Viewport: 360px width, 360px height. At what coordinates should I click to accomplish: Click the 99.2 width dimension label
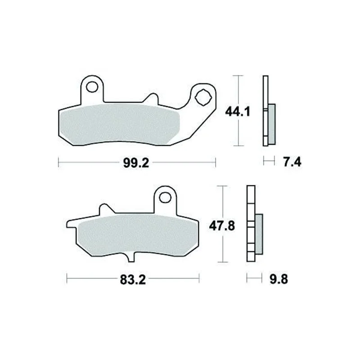(136, 163)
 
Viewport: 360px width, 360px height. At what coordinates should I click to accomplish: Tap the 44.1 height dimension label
(238, 112)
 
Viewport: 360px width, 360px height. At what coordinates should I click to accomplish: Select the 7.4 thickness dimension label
(292, 162)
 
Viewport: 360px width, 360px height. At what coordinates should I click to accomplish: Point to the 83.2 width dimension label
(133, 280)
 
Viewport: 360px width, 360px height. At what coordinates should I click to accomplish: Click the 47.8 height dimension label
(222, 226)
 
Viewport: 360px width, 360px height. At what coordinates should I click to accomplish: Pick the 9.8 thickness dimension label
(279, 279)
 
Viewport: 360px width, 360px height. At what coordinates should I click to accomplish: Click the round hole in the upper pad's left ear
(92, 86)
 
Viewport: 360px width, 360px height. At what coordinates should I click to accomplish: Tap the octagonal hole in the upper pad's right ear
(203, 97)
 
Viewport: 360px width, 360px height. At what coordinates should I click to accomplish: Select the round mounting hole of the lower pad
(165, 197)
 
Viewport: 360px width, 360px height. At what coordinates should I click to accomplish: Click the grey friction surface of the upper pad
(119, 124)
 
